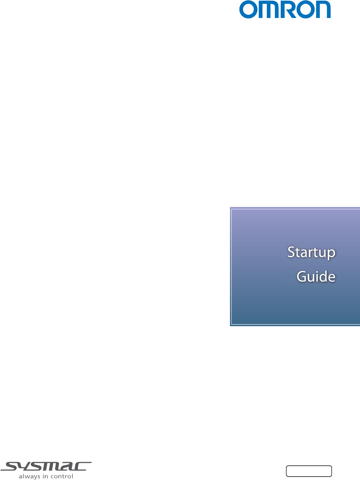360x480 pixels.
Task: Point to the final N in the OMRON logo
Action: coord(323,9)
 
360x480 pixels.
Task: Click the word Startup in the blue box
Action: coord(311,253)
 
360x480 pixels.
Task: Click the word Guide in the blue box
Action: coord(316,276)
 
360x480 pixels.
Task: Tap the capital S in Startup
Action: coord(292,252)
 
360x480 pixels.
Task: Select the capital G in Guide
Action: coord(302,277)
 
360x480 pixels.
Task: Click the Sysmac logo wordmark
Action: coord(46,466)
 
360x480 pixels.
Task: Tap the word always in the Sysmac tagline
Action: coord(29,477)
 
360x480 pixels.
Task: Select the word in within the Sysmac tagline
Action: coord(45,476)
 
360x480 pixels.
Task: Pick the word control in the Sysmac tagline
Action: coord(62,476)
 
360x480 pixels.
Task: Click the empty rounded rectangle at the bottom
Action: coord(309,471)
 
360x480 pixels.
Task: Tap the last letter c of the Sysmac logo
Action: coord(82,466)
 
